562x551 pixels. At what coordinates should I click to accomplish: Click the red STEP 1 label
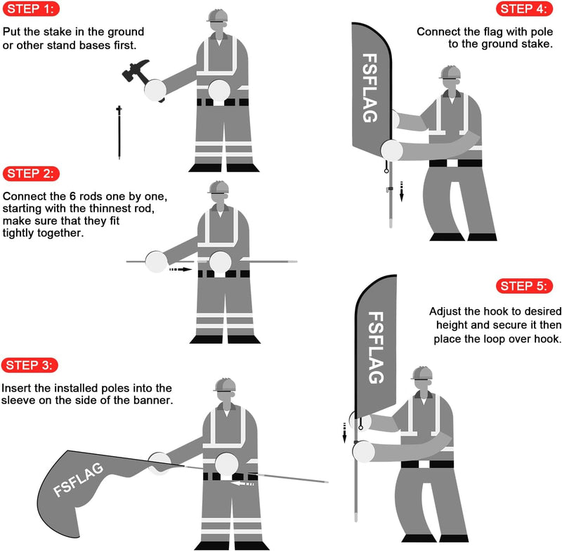31,9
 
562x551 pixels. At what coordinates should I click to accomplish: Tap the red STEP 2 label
31,174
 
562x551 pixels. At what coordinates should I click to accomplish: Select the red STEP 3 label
30,365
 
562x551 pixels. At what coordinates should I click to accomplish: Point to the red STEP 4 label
524,9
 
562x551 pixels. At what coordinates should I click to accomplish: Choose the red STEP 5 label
524,286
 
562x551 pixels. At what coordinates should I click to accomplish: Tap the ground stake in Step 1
119,132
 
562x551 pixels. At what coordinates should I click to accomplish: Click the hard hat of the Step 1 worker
217,15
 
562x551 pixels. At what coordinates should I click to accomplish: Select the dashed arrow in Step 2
181,269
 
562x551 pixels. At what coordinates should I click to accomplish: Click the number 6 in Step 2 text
72,197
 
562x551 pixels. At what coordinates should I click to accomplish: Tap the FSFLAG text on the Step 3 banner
79,479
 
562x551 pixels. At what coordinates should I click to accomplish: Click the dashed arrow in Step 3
242,484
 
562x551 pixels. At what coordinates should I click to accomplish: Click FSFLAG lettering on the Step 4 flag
370,88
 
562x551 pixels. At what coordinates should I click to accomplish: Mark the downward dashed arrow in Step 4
401,191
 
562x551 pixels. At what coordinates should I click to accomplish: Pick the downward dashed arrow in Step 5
344,433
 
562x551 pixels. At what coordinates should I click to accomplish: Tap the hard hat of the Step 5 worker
422,373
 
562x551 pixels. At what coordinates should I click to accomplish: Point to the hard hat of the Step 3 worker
225,384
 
